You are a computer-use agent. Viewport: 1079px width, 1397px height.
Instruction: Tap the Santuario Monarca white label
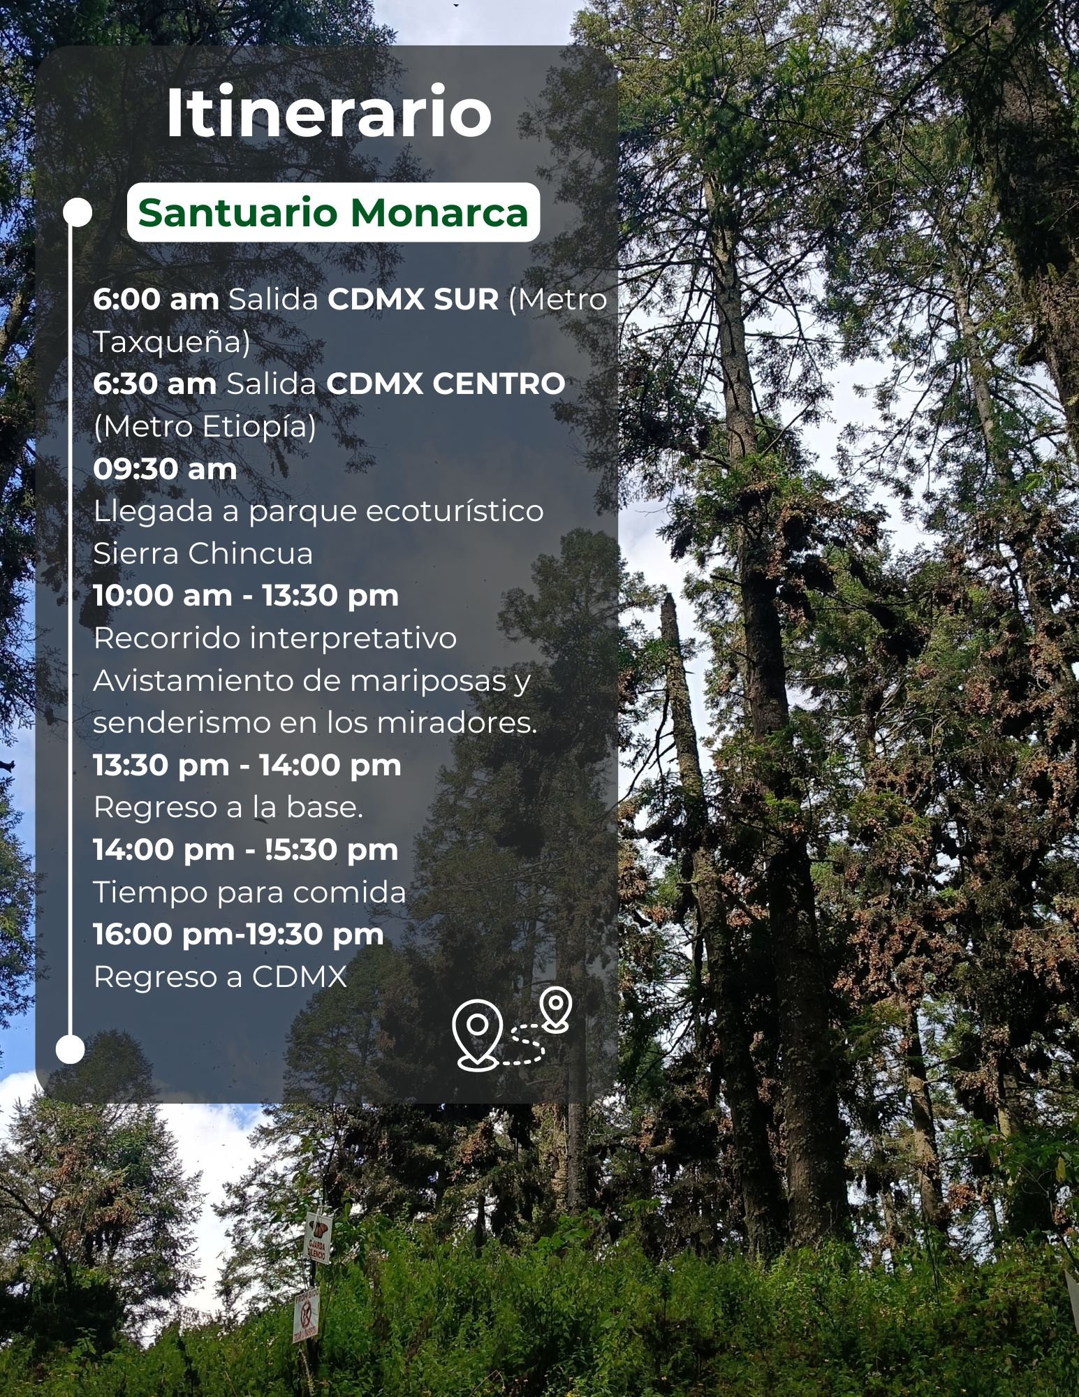[x=333, y=212]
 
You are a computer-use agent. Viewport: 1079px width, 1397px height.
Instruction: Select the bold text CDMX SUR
[x=413, y=300]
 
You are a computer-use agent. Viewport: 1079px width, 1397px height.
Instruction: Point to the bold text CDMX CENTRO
[x=446, y=384]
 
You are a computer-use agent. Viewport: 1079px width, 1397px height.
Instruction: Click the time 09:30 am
[x=166, y=469]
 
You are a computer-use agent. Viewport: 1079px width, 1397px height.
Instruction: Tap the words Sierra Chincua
[x=203, y=554]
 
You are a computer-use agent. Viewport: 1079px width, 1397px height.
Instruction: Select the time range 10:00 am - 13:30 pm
[x=246, y=597]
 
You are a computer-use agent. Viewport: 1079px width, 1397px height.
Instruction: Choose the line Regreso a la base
[x=228, y=808]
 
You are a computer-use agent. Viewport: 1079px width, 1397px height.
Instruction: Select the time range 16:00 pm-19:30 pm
[x=239, y=935]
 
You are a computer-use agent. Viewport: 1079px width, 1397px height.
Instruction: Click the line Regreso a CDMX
[x=220, y=977]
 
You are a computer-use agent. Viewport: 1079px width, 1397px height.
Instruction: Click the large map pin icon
[x=476, y=1032]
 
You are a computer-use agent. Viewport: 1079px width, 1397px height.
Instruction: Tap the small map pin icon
[x=556, y=1008]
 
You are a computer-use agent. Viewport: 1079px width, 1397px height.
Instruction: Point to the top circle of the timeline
[x=78, y=212]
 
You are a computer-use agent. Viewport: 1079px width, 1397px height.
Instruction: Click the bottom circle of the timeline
[x=70, y=1049]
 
